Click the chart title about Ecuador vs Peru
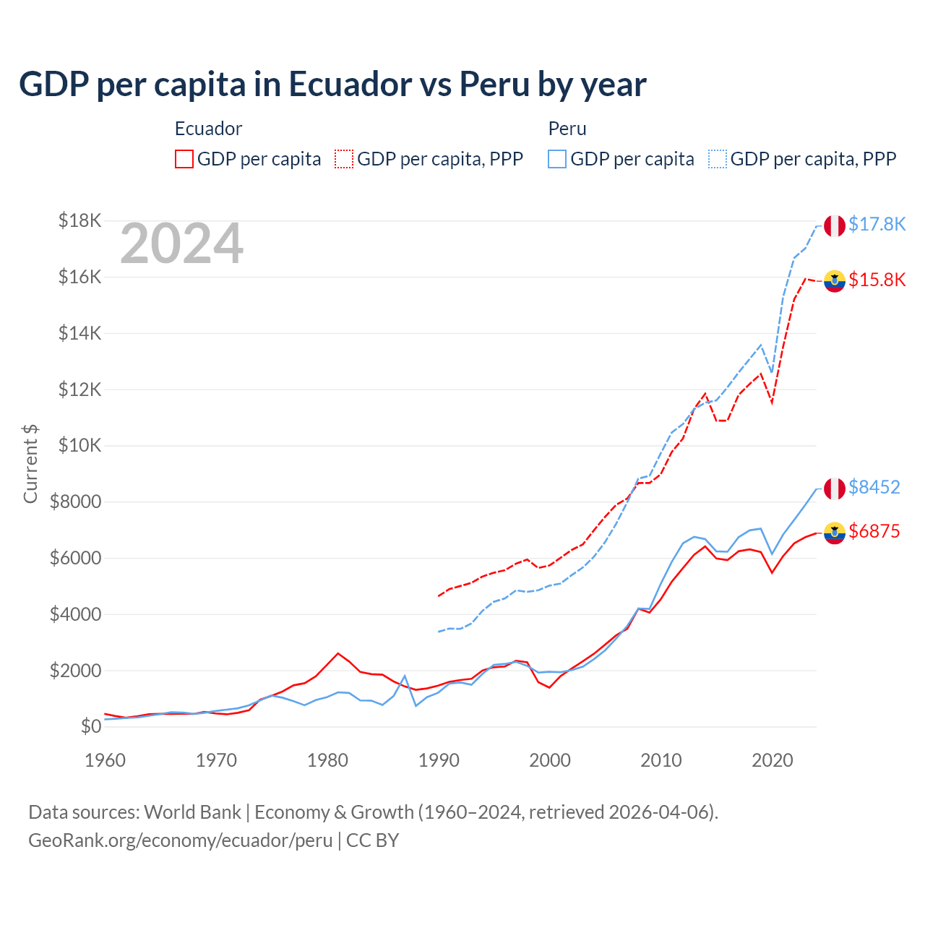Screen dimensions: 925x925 (332, 85)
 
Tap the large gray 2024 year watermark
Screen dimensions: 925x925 (181, 244)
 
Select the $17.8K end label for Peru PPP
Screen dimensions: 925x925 (877, 225)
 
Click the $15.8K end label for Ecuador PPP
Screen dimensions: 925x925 (877, 280)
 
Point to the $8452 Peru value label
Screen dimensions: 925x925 (874, 488)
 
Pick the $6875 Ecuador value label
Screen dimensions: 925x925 (874, 532)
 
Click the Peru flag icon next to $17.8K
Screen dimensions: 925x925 (835, 225)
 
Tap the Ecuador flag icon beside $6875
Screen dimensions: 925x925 (835, 533)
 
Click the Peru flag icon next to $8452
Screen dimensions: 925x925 (835, 489)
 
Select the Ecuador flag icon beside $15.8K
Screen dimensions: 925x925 (835, 281)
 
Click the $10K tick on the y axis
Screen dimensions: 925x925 (79, 446)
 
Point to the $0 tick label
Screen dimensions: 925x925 (90, 726)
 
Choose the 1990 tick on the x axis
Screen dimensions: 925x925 (439, 760)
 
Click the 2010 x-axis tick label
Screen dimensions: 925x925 (661, 760)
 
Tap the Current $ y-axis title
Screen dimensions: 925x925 (30, 464)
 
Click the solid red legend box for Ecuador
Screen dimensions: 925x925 (184, 159)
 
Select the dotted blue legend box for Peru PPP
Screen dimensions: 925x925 (718, 159)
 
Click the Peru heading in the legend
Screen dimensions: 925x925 (567, 129)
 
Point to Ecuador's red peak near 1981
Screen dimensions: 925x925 (337, 653)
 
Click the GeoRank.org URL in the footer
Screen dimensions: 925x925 (180, 840)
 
